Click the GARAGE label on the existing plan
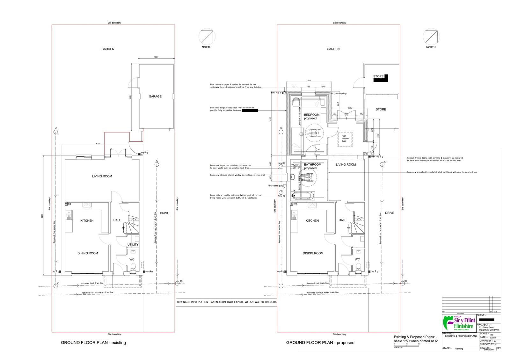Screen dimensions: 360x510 155,97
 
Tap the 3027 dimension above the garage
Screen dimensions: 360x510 156,57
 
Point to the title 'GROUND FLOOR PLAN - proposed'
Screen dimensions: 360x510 320,343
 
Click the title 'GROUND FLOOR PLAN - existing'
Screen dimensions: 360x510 93,343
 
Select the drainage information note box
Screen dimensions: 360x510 227,302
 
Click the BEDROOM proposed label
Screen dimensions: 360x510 311,116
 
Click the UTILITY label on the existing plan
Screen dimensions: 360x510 133,245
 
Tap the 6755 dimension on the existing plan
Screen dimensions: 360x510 98,144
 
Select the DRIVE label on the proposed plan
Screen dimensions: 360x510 390,213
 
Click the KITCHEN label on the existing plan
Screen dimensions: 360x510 87,220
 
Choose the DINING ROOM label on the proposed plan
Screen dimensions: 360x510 313,253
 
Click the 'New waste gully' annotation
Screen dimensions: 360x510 275,186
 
